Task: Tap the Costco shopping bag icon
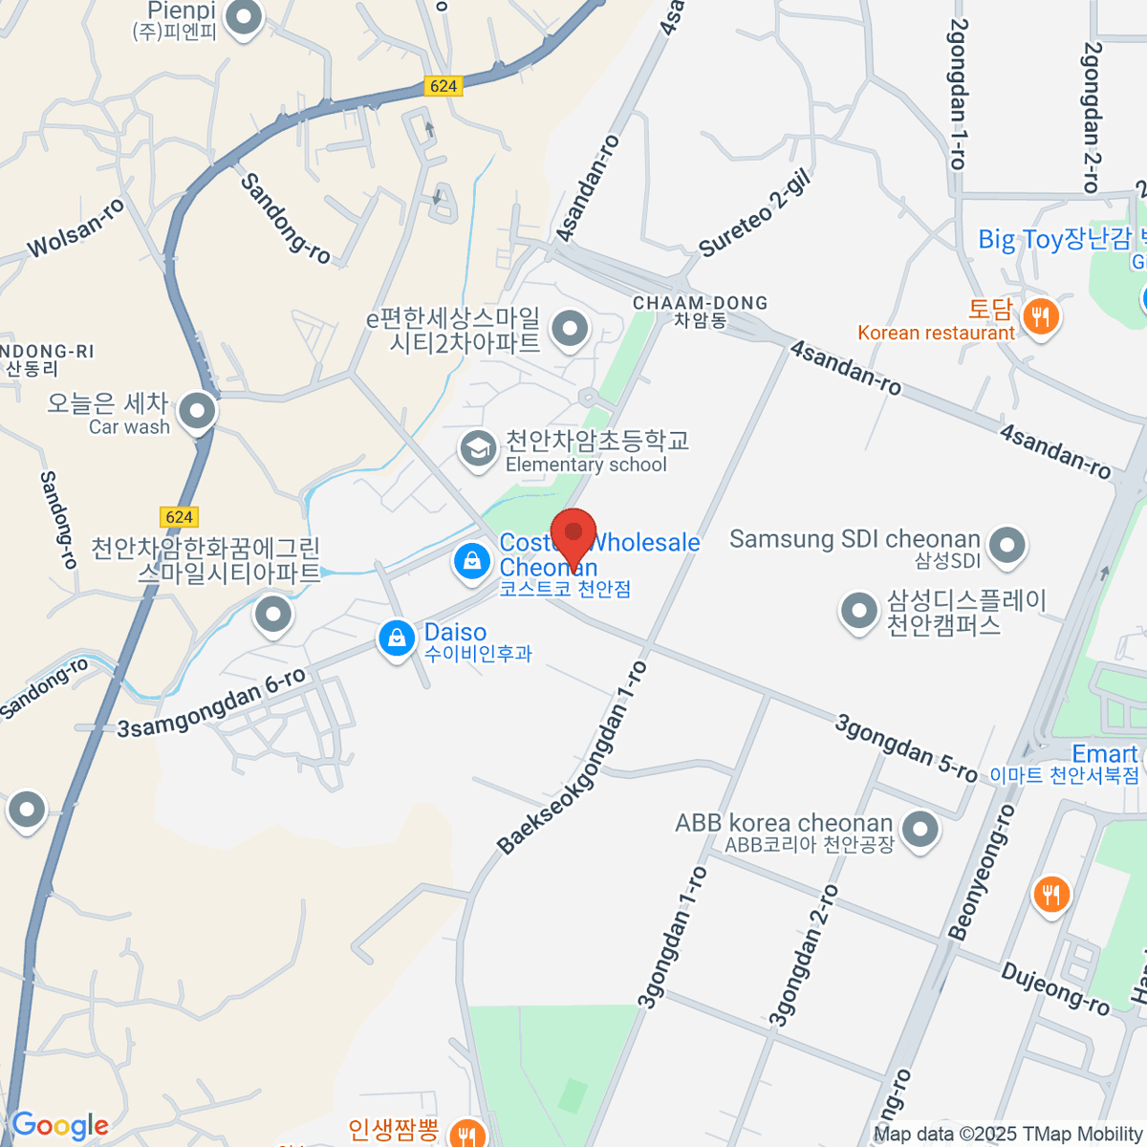coord(472,561)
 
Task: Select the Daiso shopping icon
coord(397,638)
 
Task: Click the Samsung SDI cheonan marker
coord(1006,545)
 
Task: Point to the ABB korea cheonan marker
coord(920,829)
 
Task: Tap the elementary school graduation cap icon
coord(476,448)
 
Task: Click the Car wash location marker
coord(198,412)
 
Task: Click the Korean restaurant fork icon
coord(1040,316)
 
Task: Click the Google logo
coord(59,1125)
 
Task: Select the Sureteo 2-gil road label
coord(755,215)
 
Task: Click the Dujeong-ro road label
coord(1055,988)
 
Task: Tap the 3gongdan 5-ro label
coord(906,748)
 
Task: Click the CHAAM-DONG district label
coord(700,304)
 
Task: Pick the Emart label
coord(1104,754)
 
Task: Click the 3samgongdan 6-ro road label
coord(211,703)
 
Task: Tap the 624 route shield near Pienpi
coord(444,86)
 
